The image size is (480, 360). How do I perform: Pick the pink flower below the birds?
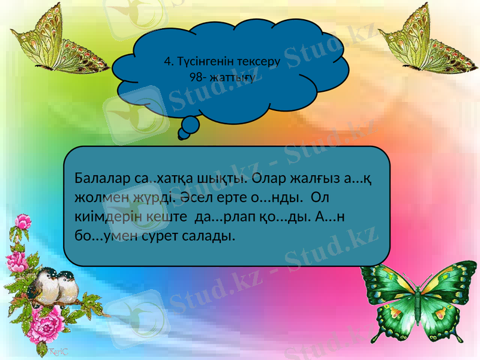[x=50, y=328]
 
